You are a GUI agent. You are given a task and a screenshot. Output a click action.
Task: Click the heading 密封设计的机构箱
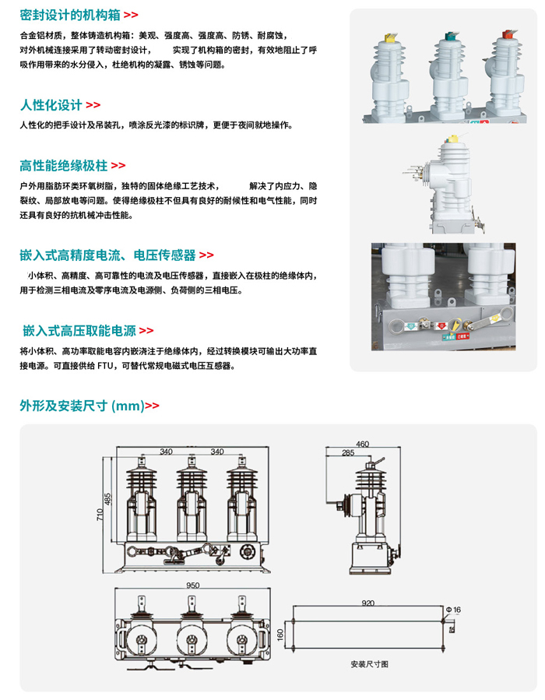click(x=71, y=15)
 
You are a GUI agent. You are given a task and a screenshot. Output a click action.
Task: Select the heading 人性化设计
click(x=51, y=105)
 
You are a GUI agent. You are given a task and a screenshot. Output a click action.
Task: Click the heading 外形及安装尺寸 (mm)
click(x=81, y=406)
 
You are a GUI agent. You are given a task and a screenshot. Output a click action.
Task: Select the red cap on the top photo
click(x=508, y=34)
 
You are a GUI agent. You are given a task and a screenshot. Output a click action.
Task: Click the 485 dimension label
click(x=108, y=499)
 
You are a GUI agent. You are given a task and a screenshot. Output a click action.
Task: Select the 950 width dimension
click(x=193, y=585)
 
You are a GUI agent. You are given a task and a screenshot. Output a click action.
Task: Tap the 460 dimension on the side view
click(x=362, y=445)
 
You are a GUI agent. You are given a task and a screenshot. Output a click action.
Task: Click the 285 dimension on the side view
click(x=347, y=452)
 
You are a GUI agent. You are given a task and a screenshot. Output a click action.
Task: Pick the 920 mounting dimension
click(x=368, y=603)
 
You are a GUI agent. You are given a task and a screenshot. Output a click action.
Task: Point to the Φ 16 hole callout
click(x=453, y=610)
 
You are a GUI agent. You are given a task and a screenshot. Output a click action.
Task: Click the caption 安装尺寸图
click(x=369, y=665)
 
